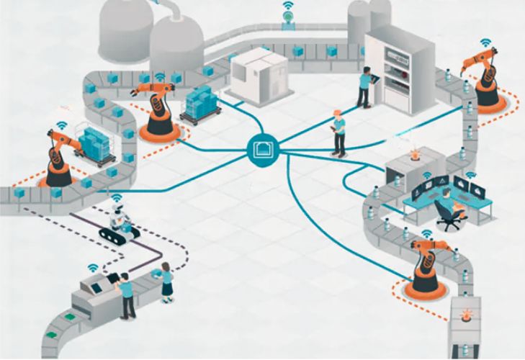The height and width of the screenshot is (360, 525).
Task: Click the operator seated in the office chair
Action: click(x=446, y=204)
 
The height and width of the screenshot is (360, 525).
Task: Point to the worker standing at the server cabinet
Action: click(x=365, y=84)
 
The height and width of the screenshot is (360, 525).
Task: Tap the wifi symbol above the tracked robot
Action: click(x=115, y=197)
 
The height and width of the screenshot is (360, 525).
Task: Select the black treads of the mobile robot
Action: click(x=116, y=234)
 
